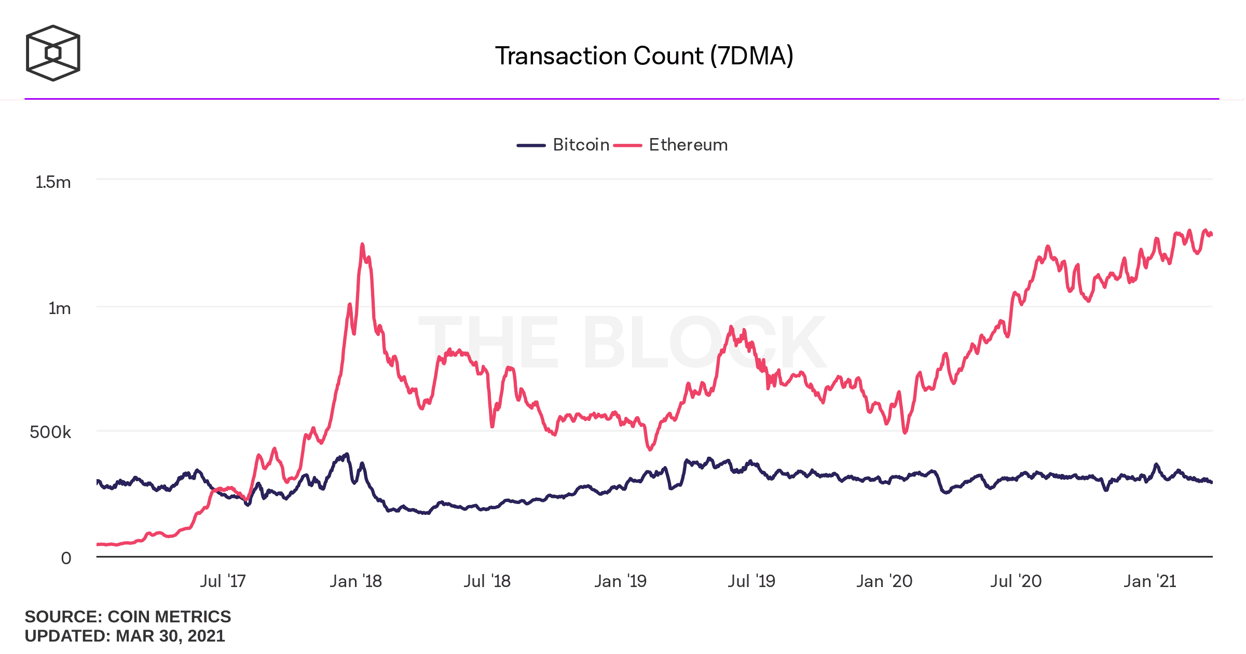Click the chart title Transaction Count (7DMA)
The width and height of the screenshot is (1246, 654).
(644, 56)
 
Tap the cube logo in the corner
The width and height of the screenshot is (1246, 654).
(53, 53)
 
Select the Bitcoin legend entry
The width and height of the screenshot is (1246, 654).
(564, 145)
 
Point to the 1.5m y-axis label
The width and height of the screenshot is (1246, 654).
(53, 182)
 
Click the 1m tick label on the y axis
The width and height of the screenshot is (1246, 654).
(59, 308)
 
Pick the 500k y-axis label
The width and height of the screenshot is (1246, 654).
(50, 432)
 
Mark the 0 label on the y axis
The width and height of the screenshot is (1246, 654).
(66, 558)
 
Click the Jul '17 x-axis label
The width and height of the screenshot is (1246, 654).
(223, 581)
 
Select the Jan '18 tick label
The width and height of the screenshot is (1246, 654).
(355, 581)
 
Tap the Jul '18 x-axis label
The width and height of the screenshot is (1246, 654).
(487, 581)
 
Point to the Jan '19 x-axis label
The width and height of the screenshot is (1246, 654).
(620, 581)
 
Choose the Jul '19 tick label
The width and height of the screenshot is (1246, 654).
(751, 581)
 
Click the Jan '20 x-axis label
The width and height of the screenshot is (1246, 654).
(884, 581)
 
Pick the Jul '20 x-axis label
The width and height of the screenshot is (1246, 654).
(1016, 581)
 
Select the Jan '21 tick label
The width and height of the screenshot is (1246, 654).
(1150, 581)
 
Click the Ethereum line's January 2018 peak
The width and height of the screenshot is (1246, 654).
(362, 244)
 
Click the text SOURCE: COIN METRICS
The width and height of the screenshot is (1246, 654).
(128, 617)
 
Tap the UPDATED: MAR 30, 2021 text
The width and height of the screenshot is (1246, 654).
(125, 636)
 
